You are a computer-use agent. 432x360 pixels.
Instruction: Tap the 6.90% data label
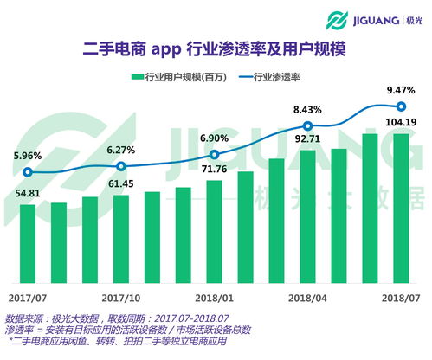coord(214,138)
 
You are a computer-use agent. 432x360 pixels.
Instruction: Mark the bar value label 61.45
coord(120,184)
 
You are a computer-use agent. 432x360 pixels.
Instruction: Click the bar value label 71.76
coord(214,168)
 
